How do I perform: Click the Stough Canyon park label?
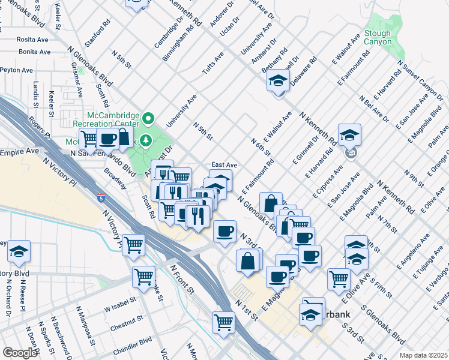tap(377, 38)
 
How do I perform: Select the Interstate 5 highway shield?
tap(101, 196)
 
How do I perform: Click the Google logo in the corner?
tap(19, 353)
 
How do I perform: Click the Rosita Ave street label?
tap(17, 39)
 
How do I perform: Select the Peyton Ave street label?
tap(16, 70)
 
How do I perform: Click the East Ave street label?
tap(224, 165)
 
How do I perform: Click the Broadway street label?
tap(116, 178)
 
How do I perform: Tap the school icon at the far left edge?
tap(19, 251)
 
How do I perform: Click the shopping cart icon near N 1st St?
tap(223, 322)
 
